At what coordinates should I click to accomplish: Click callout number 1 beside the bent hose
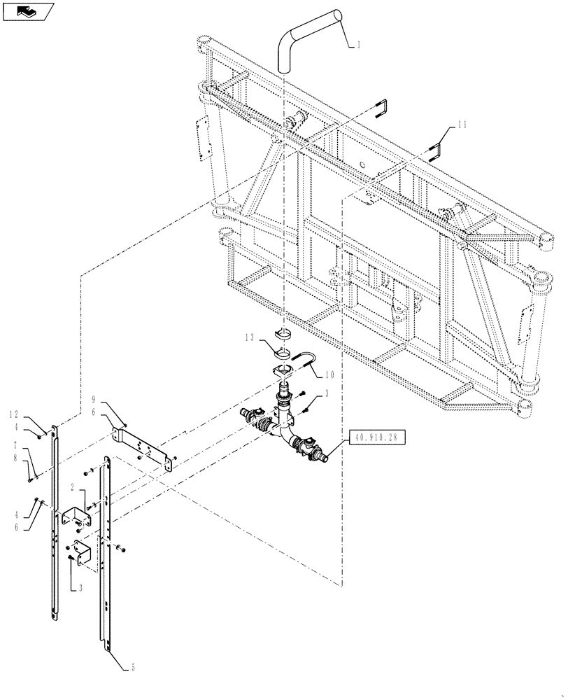point(359,45)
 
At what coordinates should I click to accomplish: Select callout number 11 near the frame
point(462,125)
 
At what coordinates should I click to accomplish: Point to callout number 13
point(250,339)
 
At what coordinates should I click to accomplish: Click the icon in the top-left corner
point(27,11)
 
